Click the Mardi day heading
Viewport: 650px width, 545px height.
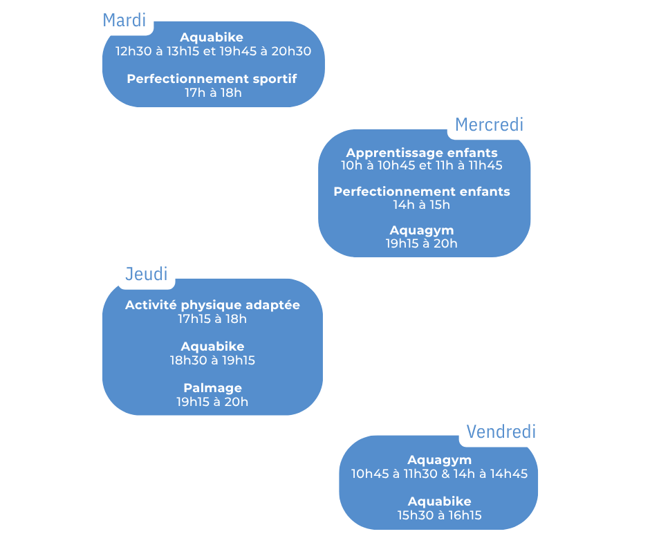click(124, 20)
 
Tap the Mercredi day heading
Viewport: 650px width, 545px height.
click(489, 124)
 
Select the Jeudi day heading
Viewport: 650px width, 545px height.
click(146, 274)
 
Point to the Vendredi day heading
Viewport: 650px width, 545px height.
click(501, 432)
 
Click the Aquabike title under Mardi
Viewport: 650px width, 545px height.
click(212, 37)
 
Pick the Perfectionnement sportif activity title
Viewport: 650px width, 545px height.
click(212, 79)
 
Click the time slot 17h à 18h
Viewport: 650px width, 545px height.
click(213, 93)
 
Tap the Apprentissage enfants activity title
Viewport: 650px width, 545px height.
click(422, 152)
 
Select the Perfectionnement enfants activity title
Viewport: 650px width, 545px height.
click(422, 192)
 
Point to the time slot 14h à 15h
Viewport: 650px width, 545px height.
click(422, 205)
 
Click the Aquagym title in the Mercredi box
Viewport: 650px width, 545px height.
click(422, 230)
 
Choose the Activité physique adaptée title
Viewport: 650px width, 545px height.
click(212, 305)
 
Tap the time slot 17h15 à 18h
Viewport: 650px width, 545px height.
click(212, 319)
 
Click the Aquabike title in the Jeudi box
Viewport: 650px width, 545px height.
click(212, 347)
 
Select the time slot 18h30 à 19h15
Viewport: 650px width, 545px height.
click(212, 360)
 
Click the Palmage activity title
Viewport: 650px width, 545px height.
click(212, 388)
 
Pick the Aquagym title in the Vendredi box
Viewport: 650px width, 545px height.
click(440, 460)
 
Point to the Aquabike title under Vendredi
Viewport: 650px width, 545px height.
click(440, 501)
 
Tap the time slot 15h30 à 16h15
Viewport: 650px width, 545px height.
click(440, 515)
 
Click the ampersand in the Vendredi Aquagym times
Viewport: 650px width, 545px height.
click(446, 474)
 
